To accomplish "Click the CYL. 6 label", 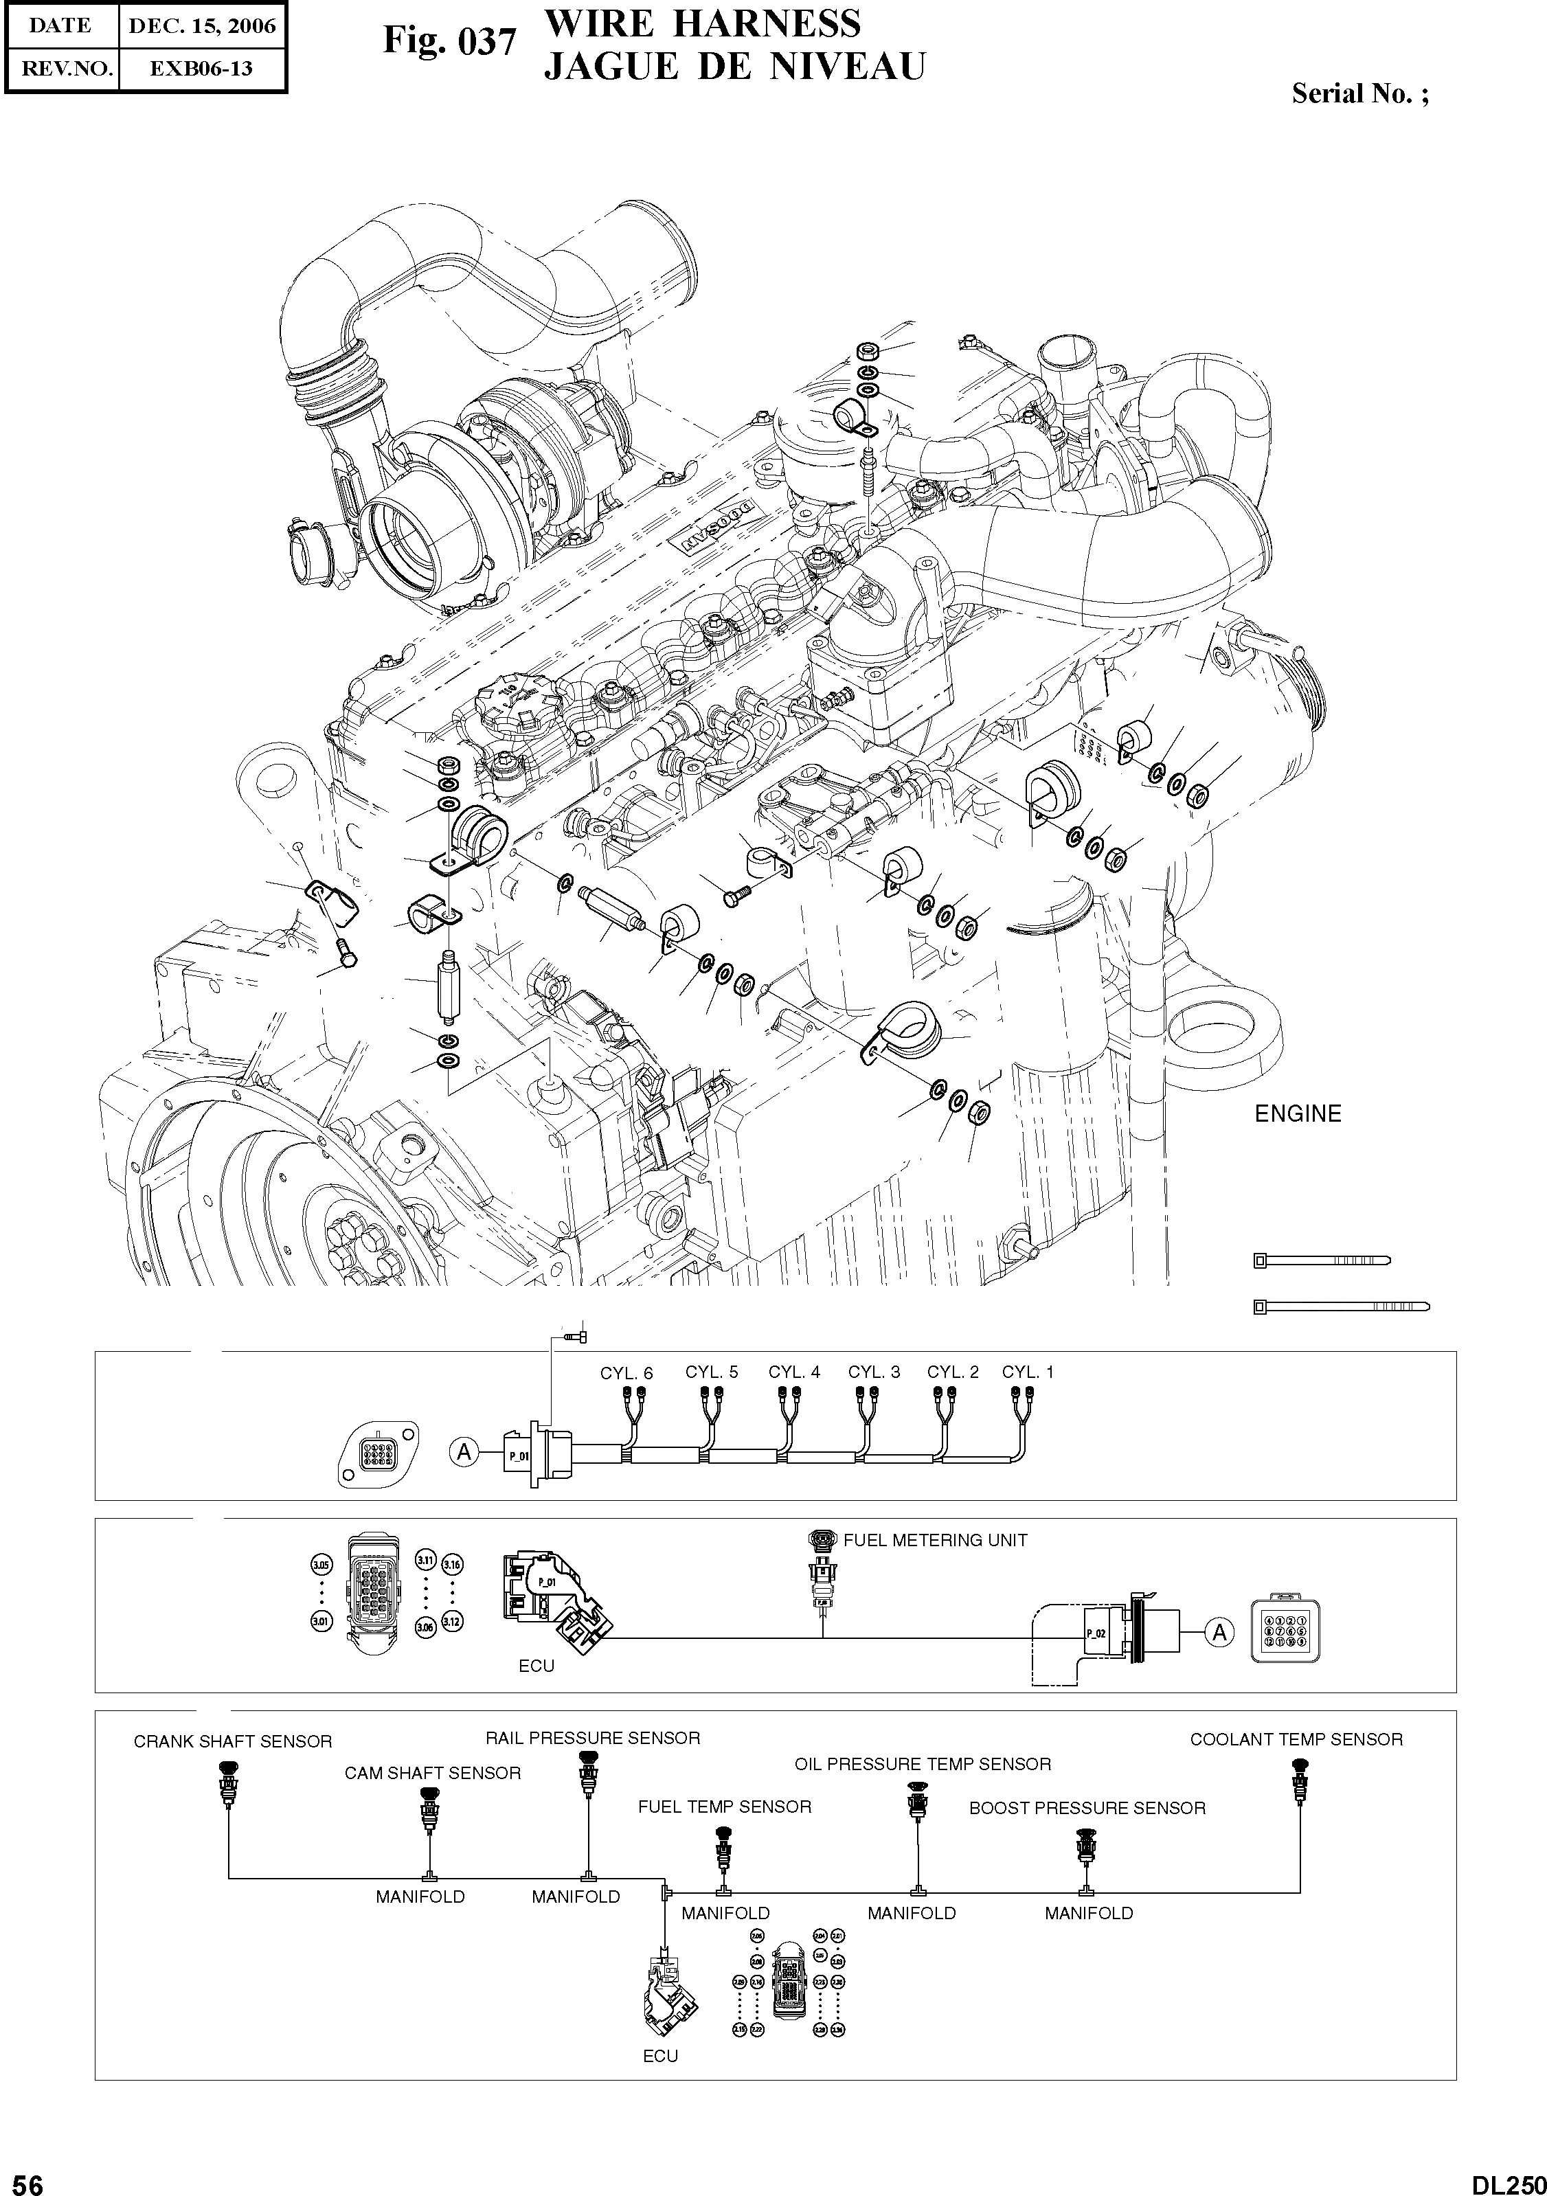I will pyautogui.click(x=626, y=1374).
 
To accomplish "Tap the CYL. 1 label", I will pyautogui.click(x=1028, y=1372).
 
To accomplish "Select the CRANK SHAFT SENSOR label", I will pyautogui.click(x=232, y=1742).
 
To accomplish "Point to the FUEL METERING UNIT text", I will pyautogui.click(x=935, y=1541).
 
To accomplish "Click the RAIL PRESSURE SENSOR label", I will pyautogui.click(x=592, y=1738).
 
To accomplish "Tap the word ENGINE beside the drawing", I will pyautogui.click(x=1298, y=1113).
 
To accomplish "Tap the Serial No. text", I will pyautogui.click(x=1359, y=93).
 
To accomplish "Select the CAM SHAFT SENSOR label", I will pyautogui.click(x=433, y=1774).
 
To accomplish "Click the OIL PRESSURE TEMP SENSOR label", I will pyautogui.click(x=923, y=1764).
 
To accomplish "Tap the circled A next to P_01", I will pyautogui.click(x=464, y=1453).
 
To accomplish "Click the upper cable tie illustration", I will pyautogui.click(x=1320, y=1260).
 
